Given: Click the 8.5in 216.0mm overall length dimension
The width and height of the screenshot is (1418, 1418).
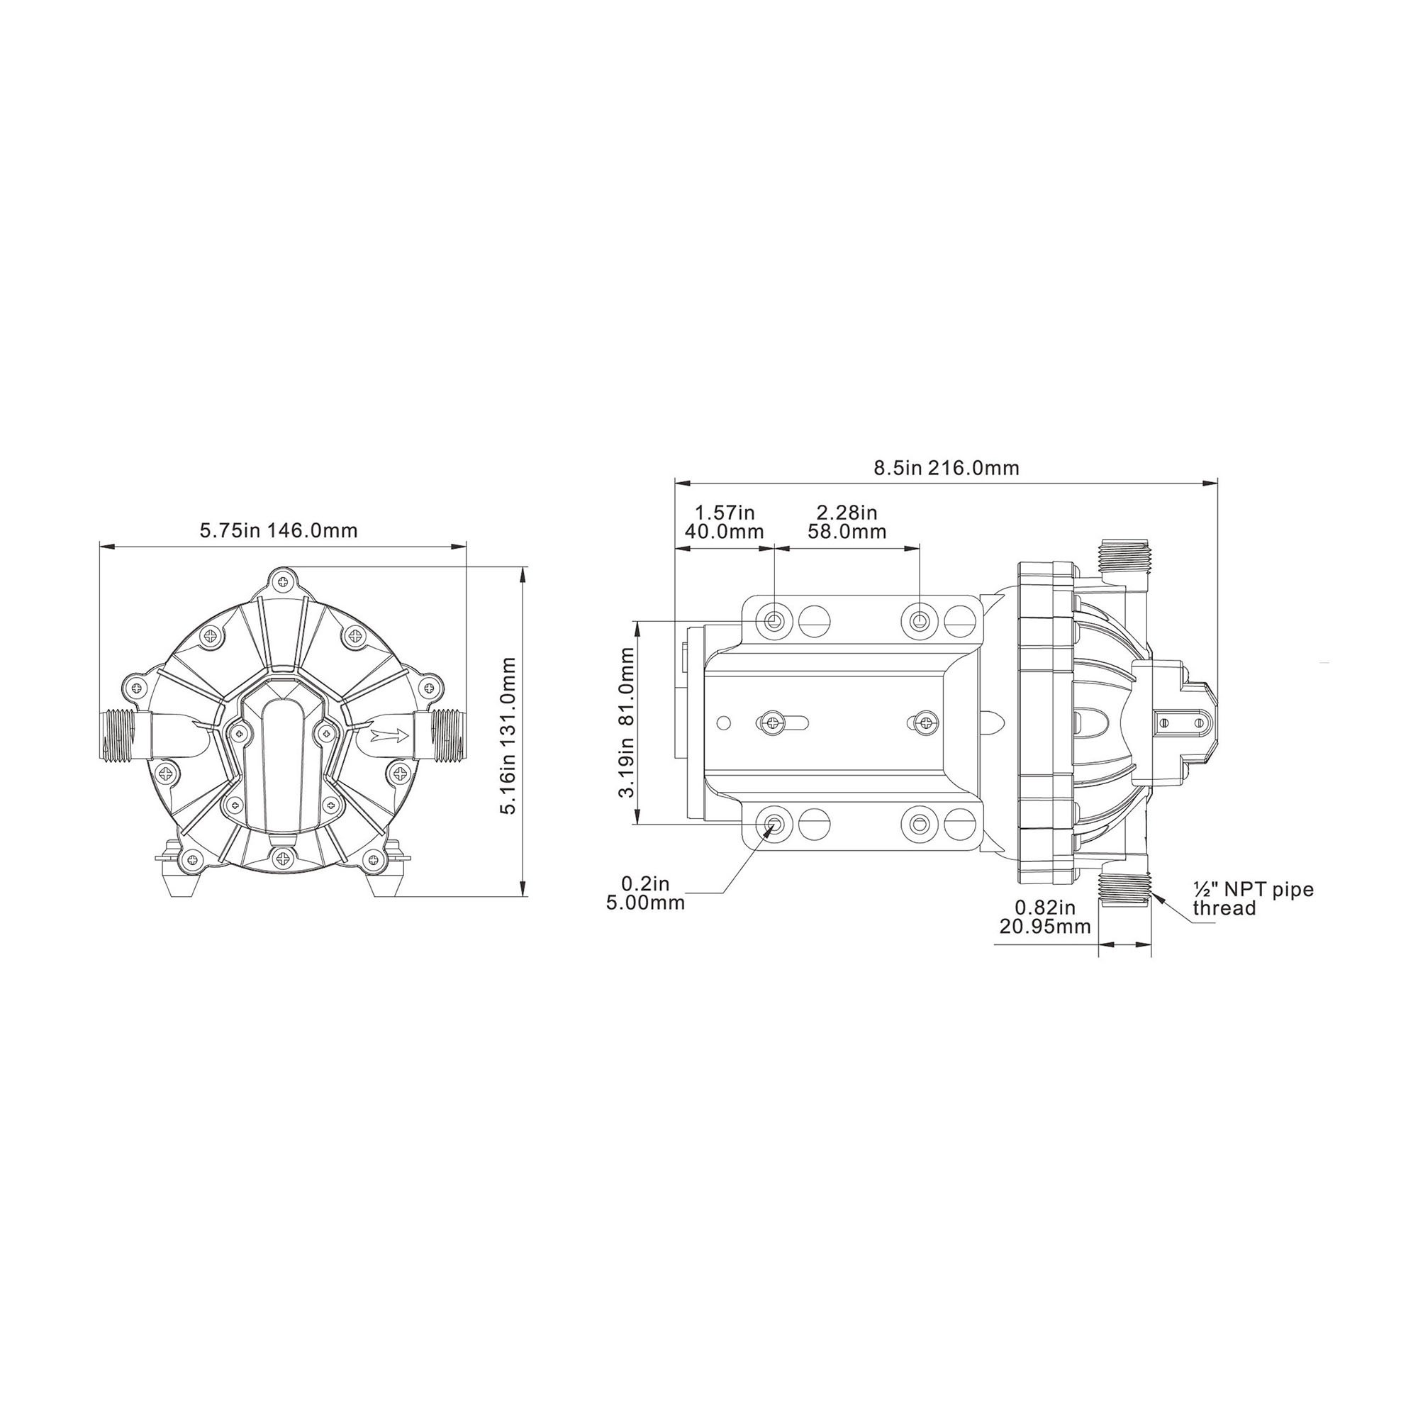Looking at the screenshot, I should pyautogui.click(x=946, y=468).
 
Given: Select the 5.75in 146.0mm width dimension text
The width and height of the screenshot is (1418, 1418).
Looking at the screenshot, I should pyautogui.click(x=279, y=530).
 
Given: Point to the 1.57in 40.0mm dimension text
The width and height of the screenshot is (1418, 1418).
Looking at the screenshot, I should pyautogui.click(x=725, y=522).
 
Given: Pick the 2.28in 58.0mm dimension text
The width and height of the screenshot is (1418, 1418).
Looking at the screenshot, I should pyautogui.click(x=847, y=522).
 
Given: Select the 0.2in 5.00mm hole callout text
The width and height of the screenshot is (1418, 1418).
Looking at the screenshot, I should pyautogui.click(x=646, y=893).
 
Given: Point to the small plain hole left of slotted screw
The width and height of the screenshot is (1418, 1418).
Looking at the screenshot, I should pyautogui.click(x=724, y=723).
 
